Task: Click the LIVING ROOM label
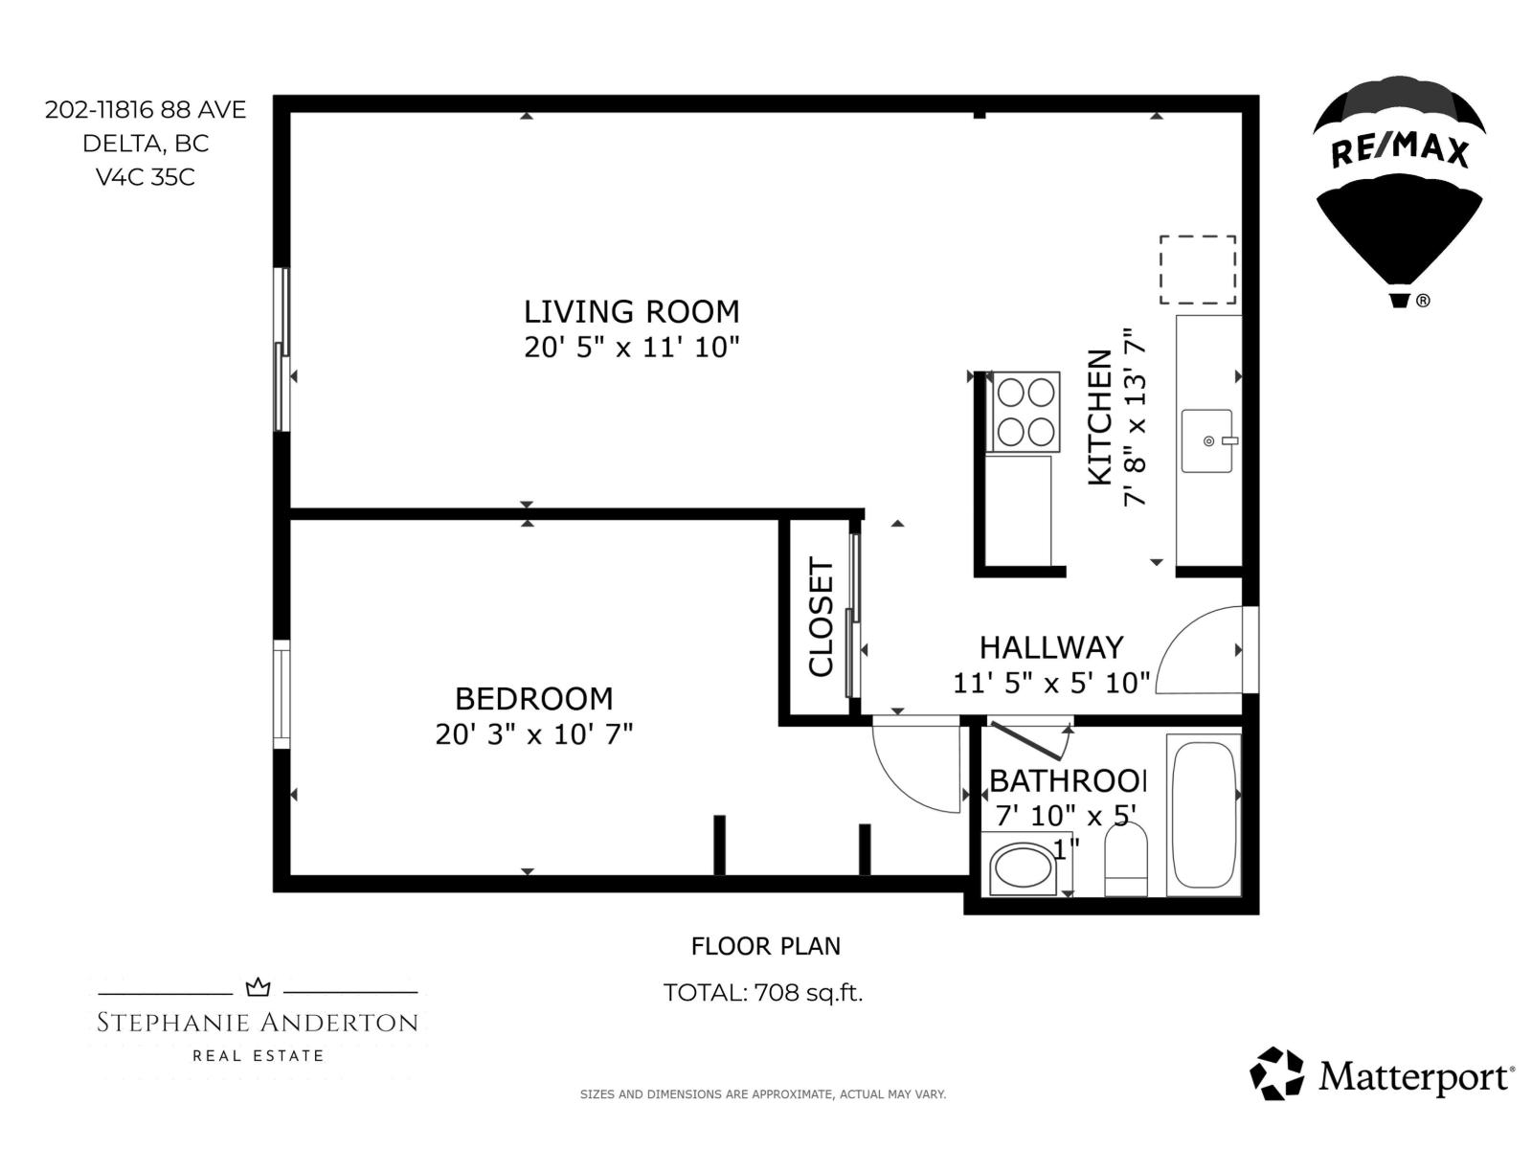click(x=631, y=311)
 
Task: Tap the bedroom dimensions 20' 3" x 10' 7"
click(x=533, y=734)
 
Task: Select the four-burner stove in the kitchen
click(x=1025, y=412)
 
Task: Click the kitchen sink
click(x=1207, y=440)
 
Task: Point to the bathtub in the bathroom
click(x=1204, y=813)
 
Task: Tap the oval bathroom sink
click(x=1022, y=867)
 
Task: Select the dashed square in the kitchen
click(x=1197, y=270)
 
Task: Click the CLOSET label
click(x=822, y=618)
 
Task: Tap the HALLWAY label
click(x=1050, y=647)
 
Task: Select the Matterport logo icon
click(x=1277, y=1072)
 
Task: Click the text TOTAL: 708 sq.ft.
click(x=763, y=993)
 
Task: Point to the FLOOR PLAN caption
click(x=765, y=946)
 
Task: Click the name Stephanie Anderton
click(x=258, y=1023)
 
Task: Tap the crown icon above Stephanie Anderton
click(x=258, y=987)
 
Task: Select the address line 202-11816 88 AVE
click(x=146, y=110)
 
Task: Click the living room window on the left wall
click(x=282, y=350)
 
